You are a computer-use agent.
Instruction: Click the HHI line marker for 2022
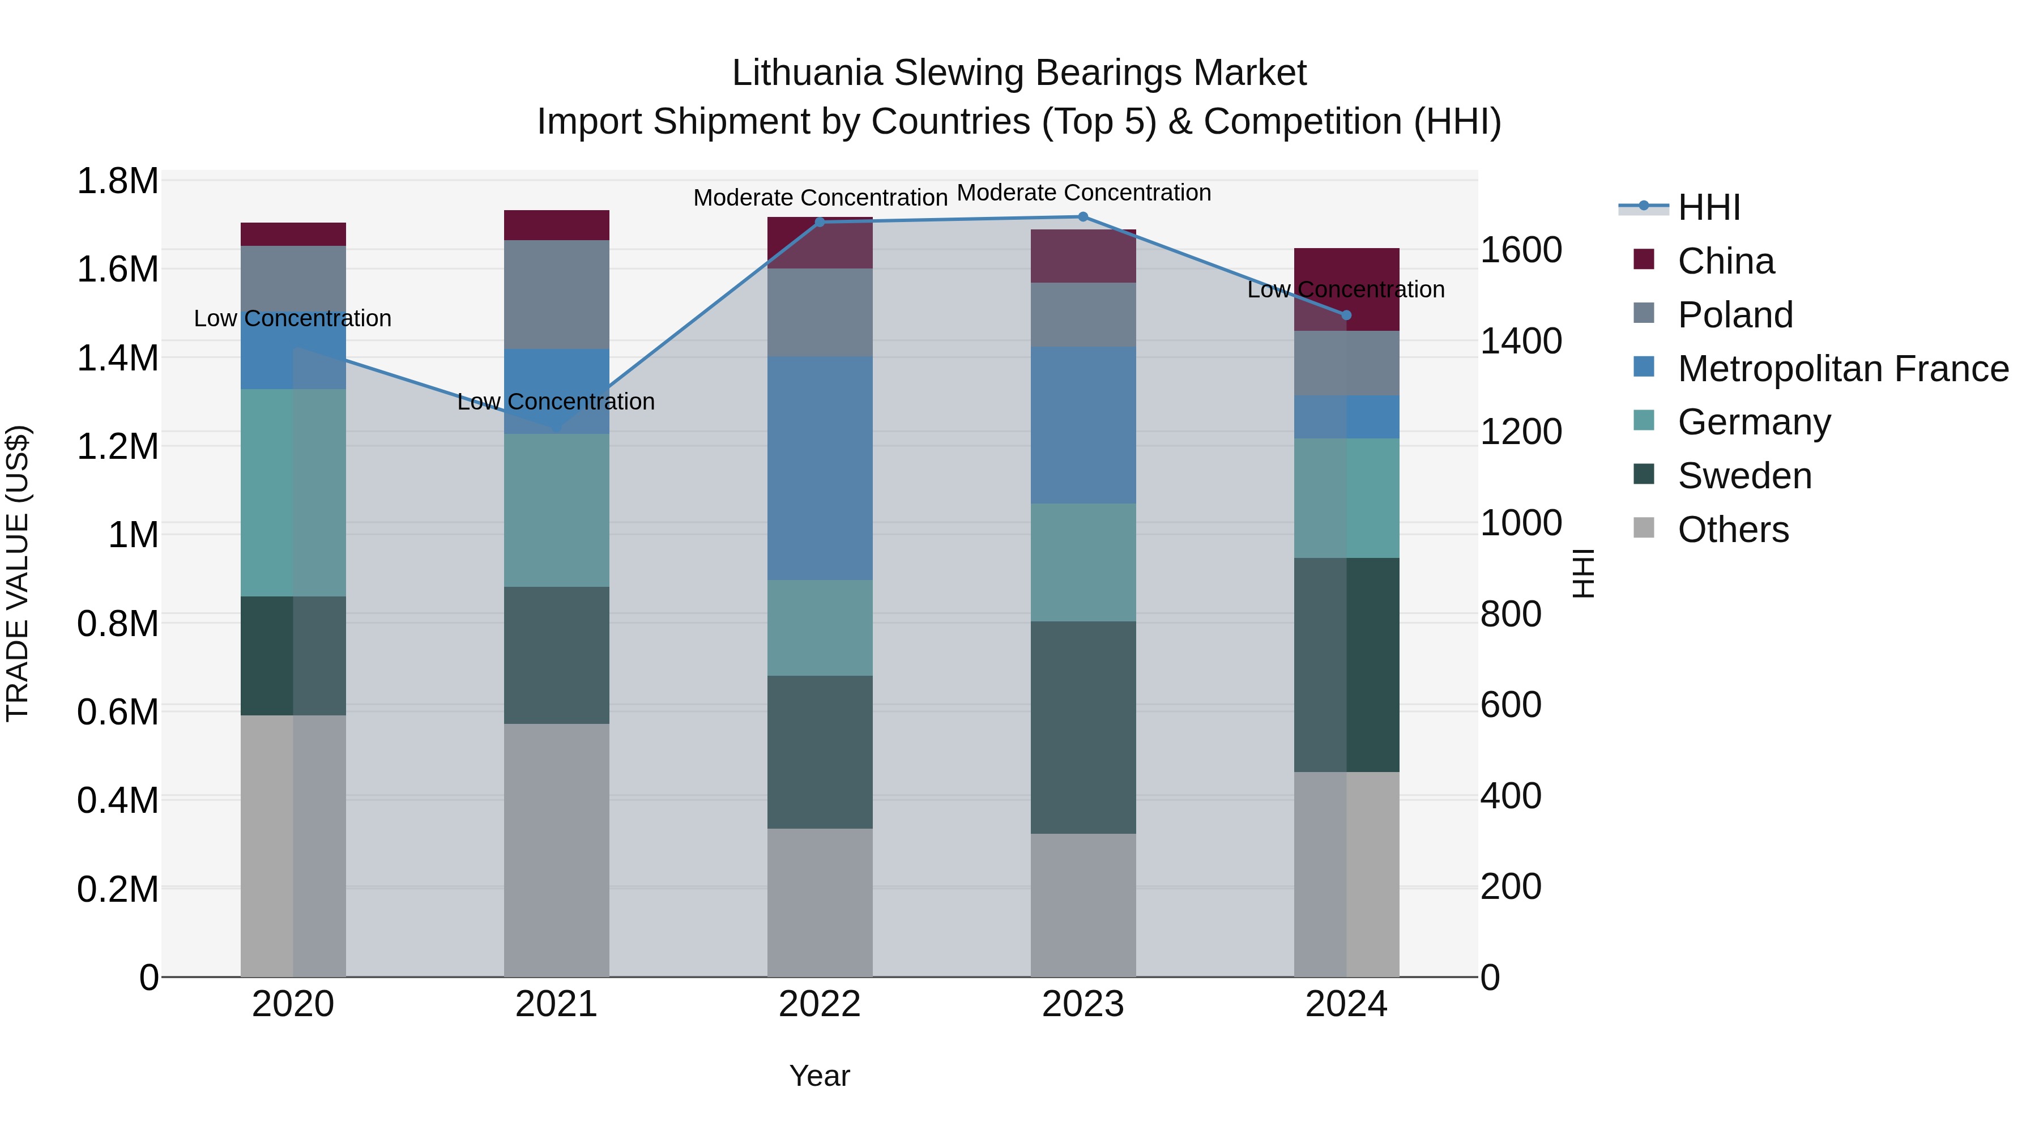click(x=819, y=223)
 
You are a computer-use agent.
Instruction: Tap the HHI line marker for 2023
click(x=1083, y=217)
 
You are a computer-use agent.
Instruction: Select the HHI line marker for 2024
click(x=1346, y=315)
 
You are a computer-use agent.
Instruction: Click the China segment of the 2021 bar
click(x=556, y=225)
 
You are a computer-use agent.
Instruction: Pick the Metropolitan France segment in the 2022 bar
click(x=819, y=468)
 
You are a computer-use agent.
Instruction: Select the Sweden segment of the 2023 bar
click(x=1083, y=727)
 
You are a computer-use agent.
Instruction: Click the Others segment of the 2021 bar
click(x=556, y=850)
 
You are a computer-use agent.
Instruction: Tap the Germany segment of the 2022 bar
click(x=819, y=628)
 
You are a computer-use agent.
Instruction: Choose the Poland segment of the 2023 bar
click(x=1083, y=314)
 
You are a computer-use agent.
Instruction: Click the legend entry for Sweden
click(x=1744, y=476)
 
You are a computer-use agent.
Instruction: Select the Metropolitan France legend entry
click(x=1842, y=369)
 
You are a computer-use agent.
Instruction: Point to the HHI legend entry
click(x=1708, y=207)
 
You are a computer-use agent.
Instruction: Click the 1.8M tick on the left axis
click(x=117, y=181)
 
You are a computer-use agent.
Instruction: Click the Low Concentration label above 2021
click(x=556, y=402)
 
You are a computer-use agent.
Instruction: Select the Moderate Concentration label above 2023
click(x=1084, y=193)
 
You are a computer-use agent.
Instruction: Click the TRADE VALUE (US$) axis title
click(x=18, y=573)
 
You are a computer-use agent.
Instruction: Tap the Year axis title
click(x=819, y=1076)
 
